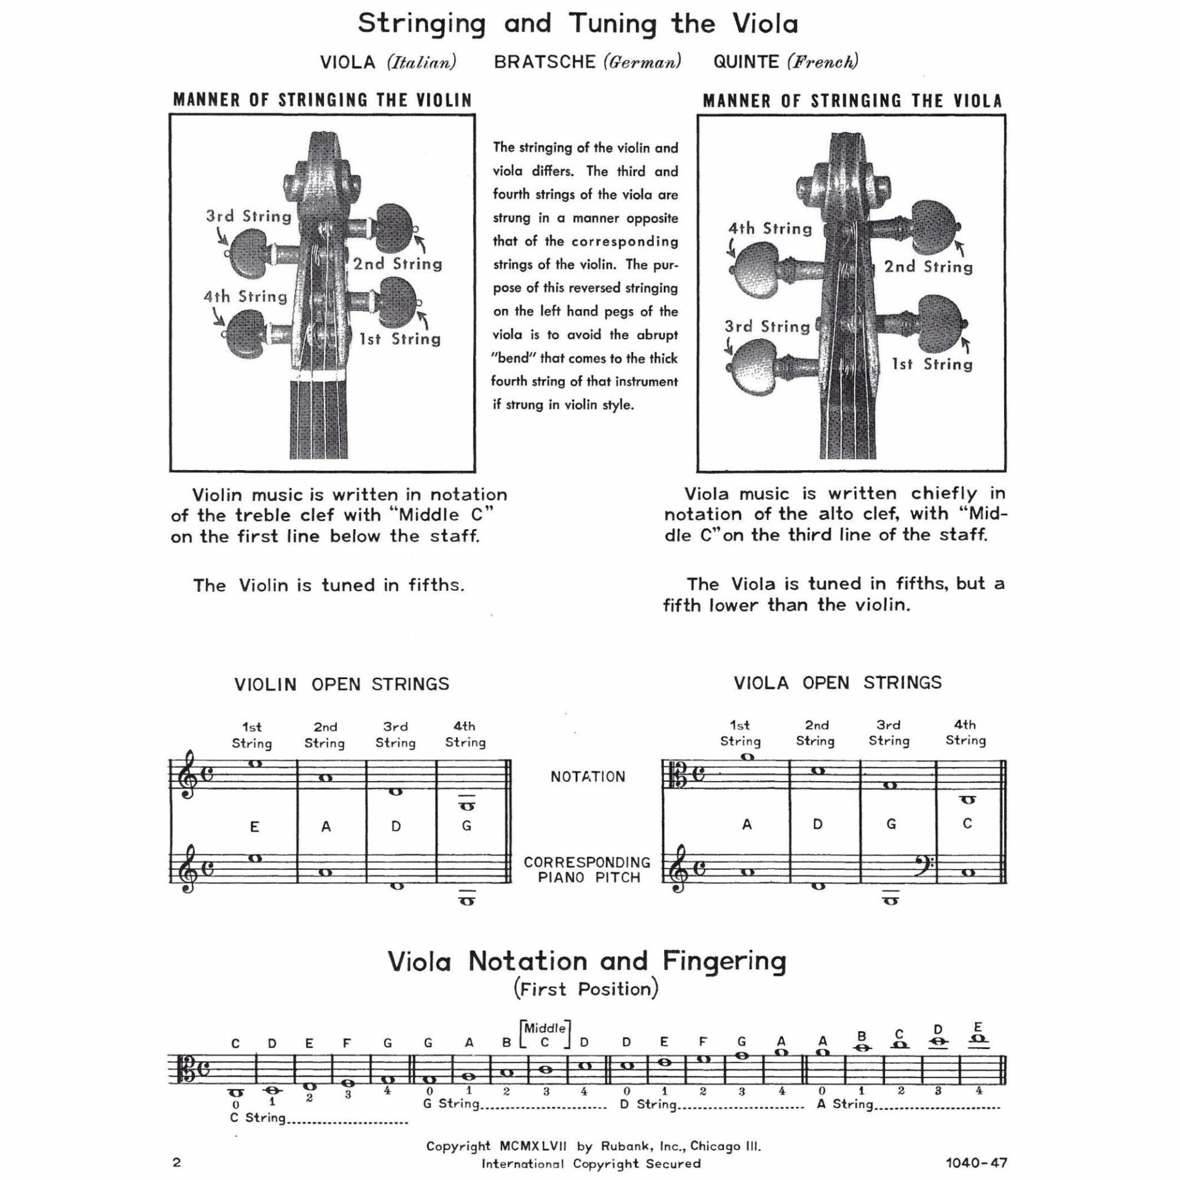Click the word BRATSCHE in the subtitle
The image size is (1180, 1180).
[545, 62]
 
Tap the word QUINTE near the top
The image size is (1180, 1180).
[745, 62]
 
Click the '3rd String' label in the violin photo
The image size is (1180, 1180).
[248, 216]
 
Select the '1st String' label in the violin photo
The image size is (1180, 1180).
[399, 339]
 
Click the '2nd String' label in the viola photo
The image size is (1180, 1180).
[928, 267]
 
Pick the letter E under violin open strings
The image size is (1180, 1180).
[254, 827]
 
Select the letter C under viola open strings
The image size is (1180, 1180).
[967, 824]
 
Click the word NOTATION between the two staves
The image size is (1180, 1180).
[588, 777]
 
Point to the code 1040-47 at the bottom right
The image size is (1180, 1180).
[977, 1162]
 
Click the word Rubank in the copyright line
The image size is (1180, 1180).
[623, 1146]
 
